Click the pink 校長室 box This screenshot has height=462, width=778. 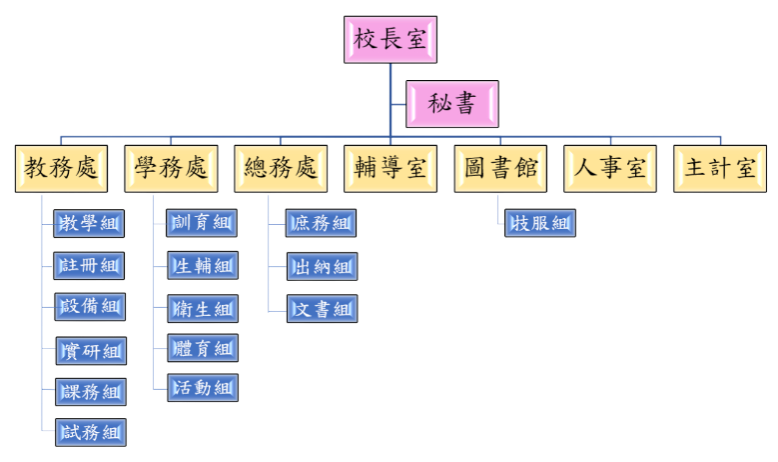[x=390, y=40]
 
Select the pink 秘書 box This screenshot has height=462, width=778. [x=452, y=104]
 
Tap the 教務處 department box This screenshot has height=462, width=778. [x=61, y=169]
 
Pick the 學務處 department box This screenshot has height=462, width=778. [x=171, y=169]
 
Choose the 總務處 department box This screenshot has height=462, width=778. [x=281, y=169]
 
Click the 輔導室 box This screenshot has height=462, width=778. [x=390, y=169]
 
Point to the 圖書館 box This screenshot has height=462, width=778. [x=500, y=169]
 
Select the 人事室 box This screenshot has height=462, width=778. [x=609, y=169]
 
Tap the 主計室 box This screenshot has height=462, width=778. [x=719, y=169]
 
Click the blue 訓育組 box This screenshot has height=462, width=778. [x=203, y=223]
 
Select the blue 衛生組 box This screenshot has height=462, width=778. [x=203, y=308]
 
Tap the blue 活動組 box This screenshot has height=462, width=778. [x=203, y=386]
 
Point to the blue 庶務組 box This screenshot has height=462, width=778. [x=321, y=223]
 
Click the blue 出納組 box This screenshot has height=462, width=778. [x=321, y=267]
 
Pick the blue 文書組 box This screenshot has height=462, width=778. [x=321, y=309]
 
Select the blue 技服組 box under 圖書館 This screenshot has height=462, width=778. [x=540, y=223]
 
